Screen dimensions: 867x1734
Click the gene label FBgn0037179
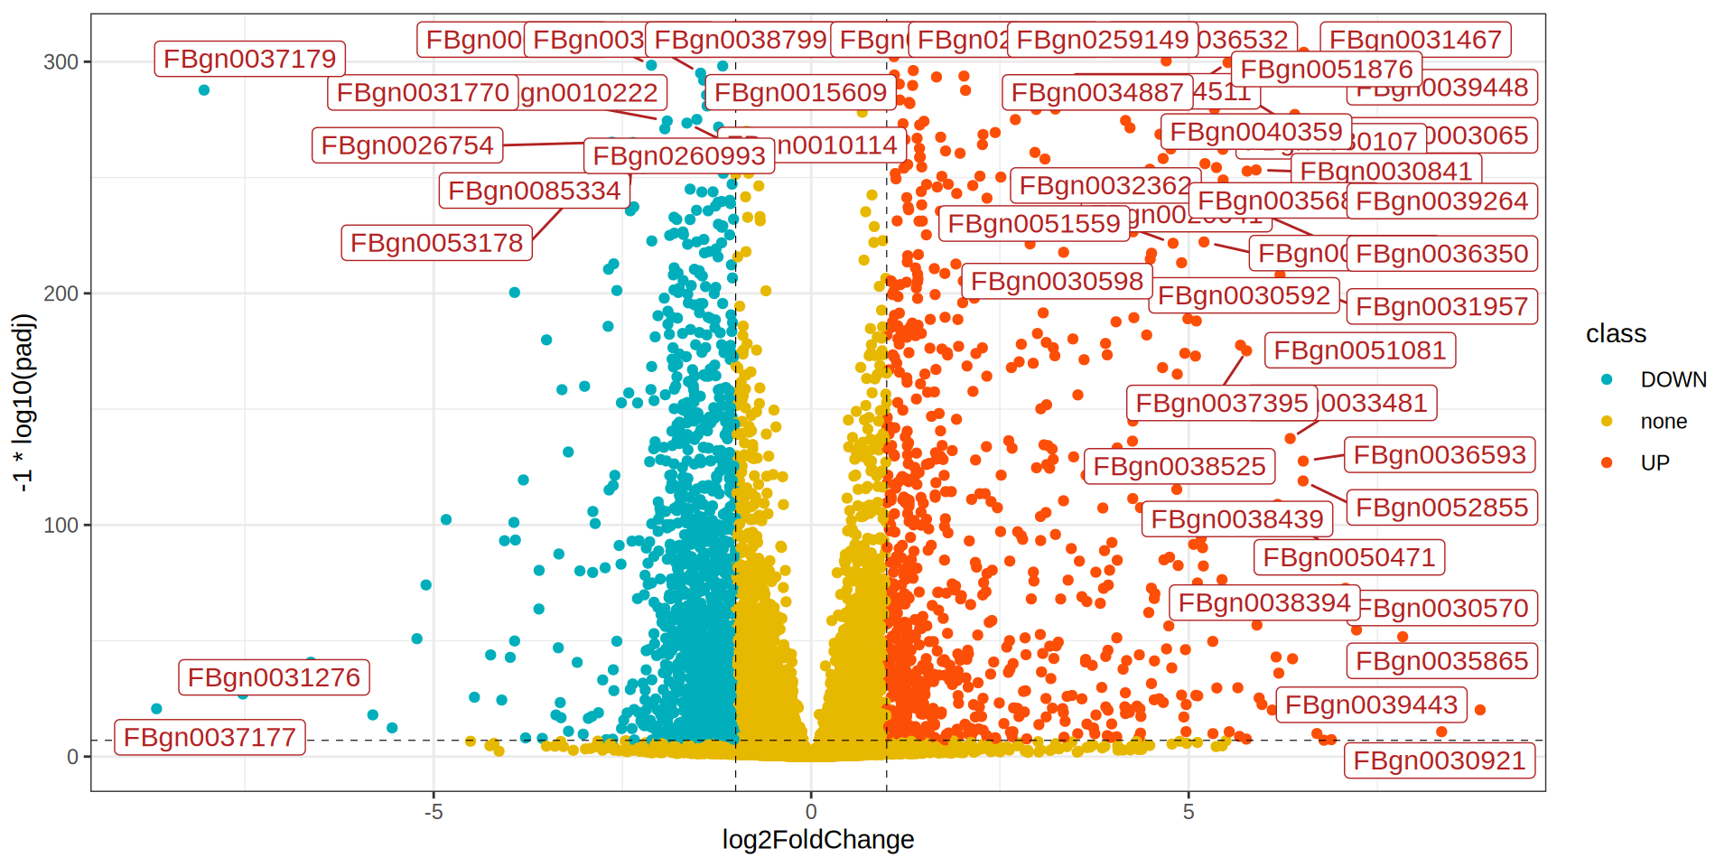pyautogui.click(x=249, y=60)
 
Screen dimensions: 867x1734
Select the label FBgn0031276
pyautogui.click(x=274, y=677)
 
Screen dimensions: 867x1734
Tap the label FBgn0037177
pyautogui.click(x=210, y=738)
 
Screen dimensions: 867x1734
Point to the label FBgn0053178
pyautogui.click(x=436, y=243)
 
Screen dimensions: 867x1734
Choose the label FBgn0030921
pyautogui.click(x=1439, y=761)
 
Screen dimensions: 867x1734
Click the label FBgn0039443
pyautogui.click(x=1371, y=705)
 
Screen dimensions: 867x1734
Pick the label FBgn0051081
pyautogui.click(x=1359, y=350)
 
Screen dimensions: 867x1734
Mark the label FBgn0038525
pyautogui.click(x=1179, y=467)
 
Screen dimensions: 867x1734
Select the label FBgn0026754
pyautogui.click(x=407, y=145)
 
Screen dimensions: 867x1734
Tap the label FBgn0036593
pyautogui.click(x=1440, y=455)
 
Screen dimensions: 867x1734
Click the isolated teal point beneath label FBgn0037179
pyautogui.click(x=204, y=90)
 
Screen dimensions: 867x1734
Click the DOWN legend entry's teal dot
pyautogui.click(x=1607, y=379)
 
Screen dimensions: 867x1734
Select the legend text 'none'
pyautogui.click(x=1664, y=422)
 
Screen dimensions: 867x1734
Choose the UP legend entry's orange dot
pyautogui.click(x=1607, y=462)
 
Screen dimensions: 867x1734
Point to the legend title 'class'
pyautogui.click(x=1616, y=334)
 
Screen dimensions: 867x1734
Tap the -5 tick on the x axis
pyautogui.click(x=433, y=812)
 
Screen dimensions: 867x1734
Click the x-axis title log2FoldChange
pyautogui.click(x=817, y=840)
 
